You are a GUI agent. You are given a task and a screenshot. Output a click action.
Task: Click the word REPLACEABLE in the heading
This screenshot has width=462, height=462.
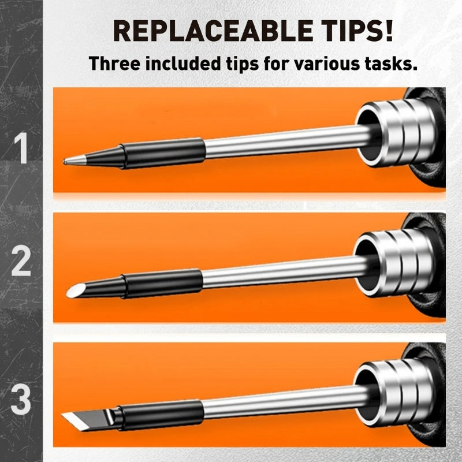pyautogui.click(x=213, y=31)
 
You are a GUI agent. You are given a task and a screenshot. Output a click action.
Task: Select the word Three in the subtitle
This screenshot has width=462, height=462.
pyautogui.click(x=114, y=63)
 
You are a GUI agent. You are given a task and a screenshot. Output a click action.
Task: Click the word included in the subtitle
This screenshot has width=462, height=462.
pyautogui.click(x=183, y=63)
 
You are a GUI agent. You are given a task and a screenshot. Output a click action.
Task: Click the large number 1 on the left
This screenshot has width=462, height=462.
pyautogui.click(x=21, y=148)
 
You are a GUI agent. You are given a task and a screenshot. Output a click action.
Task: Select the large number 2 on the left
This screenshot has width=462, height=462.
pyautogui.click(x=21, y=261)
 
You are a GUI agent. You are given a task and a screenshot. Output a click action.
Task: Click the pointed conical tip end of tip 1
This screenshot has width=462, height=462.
pyautogui.click(x=64, y=161)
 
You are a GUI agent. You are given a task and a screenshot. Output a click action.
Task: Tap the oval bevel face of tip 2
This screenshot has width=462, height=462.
pyautogui.click(x=75, y=290)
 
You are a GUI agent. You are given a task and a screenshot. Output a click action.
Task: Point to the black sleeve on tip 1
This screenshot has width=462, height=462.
pyautogui.click(x=162, y=153)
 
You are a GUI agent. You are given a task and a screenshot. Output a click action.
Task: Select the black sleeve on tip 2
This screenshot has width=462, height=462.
pyautogui.click(x=162, y=284)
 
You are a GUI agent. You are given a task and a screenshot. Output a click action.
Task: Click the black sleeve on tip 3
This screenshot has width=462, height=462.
pyautogui.click(x=162, y=414)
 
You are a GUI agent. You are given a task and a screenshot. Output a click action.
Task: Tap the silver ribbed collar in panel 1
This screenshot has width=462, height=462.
pyautogui.click(x=396, y=133)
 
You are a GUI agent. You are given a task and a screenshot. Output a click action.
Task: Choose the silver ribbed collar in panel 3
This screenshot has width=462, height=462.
pyautogui.click(x=395, y=393)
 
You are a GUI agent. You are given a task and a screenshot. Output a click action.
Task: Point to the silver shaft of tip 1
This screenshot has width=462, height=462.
pyautogui.click(x=287, y=141)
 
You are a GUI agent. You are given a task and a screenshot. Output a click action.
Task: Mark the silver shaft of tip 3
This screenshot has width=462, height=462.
pyautogui.click(x=286, y=402)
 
